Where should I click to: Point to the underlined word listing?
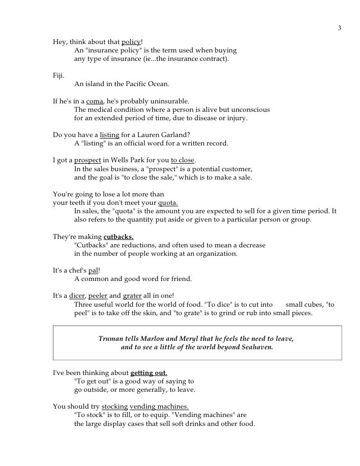click(109, 135)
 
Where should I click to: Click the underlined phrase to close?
click(183, 161)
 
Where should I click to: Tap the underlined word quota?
click(168, 203)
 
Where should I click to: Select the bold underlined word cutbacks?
click(119, 236)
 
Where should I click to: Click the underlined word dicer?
click(78, 296)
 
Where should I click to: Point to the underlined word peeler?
click(97, 296)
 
